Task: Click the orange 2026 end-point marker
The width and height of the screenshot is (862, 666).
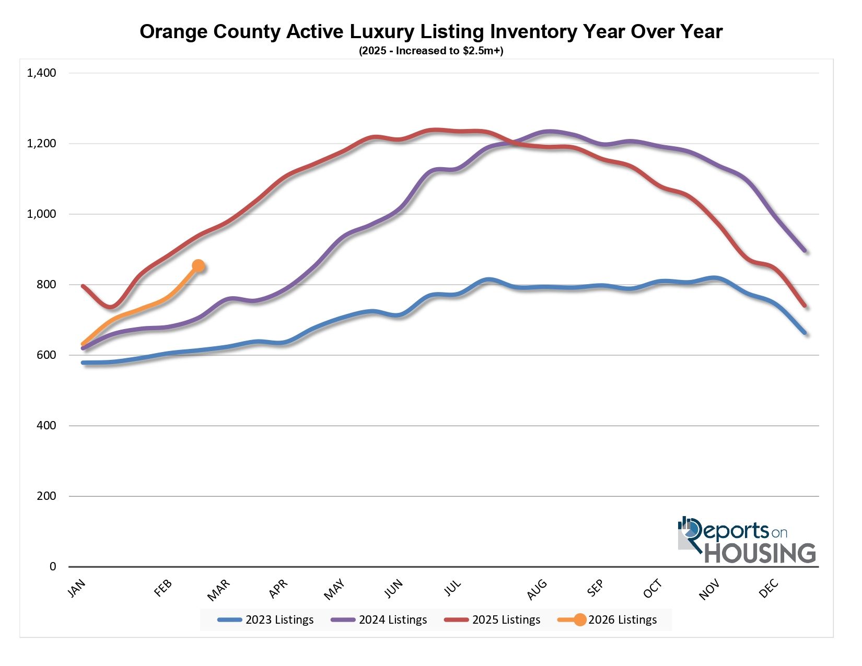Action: pyautogui.click(x=198, y=266)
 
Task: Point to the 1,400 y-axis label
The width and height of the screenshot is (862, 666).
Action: pyautogui.click(x=41, y=73)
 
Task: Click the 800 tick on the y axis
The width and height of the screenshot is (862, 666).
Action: pyautogui.click(x=46, y=285)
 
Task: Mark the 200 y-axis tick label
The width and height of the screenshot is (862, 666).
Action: pyautogui.click(x=46, y=496)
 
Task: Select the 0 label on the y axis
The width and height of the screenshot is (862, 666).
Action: pyautogui.click(x=52, y=567)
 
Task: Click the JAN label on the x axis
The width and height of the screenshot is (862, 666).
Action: pyautogui.click(x=76, y=589)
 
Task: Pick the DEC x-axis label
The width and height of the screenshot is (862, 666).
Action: pyautogui.click(x=769, y=589)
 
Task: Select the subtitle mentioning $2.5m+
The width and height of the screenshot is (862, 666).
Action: pyautogui.click(x=430, y=51)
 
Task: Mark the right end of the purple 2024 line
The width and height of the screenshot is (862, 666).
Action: pyautogui.click(x=805, y=250)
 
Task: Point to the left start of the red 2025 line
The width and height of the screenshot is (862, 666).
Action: pyautogui.click(x=83, y=286)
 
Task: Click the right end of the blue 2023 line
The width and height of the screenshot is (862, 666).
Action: pyautogui.click(x=805, y=332)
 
